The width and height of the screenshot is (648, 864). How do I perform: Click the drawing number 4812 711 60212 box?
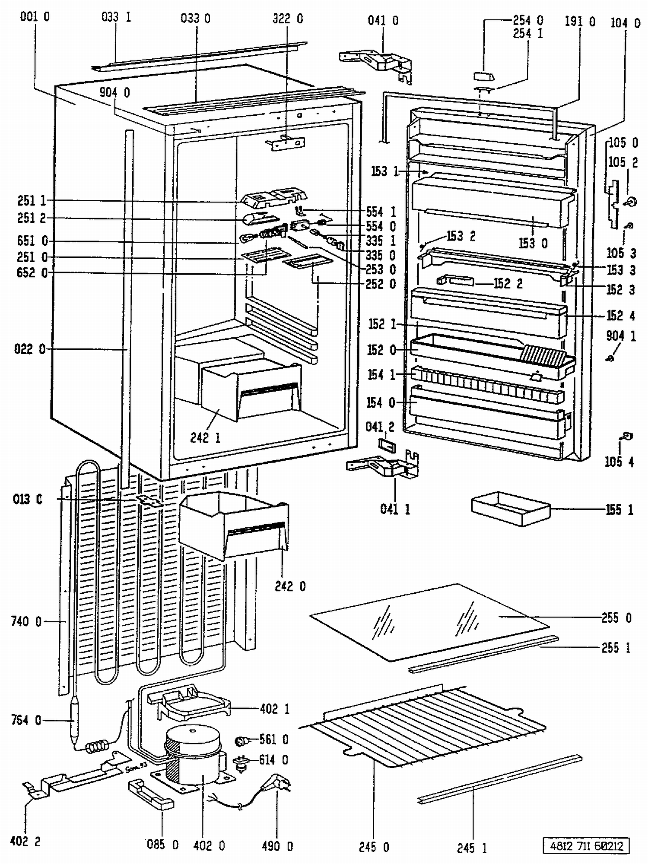click(586, 845)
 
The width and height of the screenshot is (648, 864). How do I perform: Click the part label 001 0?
click(35, 17)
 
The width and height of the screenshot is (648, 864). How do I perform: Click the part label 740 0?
click(26, 622)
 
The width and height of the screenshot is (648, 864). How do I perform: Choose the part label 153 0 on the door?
click(533, 244)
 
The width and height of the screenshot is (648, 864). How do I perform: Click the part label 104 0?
click(625, 23)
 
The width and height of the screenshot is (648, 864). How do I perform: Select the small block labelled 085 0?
click(151, 794)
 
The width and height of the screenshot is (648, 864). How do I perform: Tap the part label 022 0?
click(29, 349)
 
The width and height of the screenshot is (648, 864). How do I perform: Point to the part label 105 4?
click(619, 462)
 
